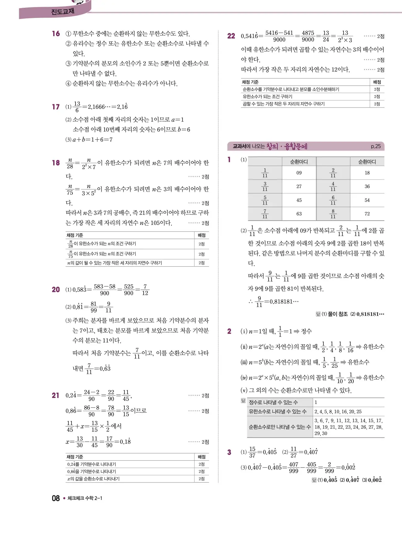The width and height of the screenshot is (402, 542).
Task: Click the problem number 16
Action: coord(56,34)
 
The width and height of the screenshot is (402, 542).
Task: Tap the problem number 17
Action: coord(56,107)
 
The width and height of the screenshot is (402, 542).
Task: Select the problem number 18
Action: coord(56,163)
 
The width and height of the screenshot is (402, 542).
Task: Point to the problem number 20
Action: coord(56,290)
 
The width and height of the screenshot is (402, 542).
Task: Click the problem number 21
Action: coord(56,396)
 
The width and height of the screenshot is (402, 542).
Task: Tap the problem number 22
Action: coord(231,36)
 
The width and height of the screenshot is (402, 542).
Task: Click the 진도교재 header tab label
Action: coord(63,12)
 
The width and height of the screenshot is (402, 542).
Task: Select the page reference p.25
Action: coord(376,146)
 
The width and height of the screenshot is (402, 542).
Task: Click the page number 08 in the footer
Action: coord(56,498)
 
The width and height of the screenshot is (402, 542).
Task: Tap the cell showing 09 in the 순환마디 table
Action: coord(299,173)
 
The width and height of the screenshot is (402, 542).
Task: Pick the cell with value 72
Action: coord(367,214)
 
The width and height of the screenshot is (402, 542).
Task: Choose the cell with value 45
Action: coord(299,200)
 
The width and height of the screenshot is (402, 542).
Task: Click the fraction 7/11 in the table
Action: coord(265,214)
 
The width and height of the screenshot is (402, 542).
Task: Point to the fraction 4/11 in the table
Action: coord(333,186)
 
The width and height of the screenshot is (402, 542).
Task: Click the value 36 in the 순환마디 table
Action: coord(367,186)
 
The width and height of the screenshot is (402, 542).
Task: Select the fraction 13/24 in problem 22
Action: coord(326,36)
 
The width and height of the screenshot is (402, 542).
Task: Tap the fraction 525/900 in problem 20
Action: coord(129,290)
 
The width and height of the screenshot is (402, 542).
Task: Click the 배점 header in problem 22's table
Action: coord(377,82)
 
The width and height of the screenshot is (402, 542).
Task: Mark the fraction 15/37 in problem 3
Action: coord(252,452)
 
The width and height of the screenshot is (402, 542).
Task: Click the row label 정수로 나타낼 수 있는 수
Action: coord(273,402)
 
